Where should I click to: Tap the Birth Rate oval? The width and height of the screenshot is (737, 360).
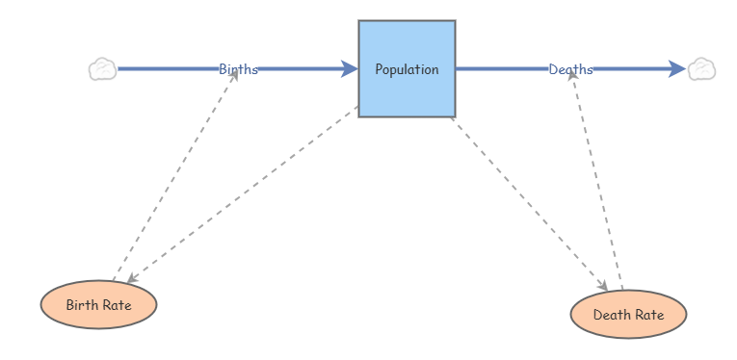98,305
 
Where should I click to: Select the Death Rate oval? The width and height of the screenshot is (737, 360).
628,315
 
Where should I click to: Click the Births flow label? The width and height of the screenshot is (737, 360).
238,69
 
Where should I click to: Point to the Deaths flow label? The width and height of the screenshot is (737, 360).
570,69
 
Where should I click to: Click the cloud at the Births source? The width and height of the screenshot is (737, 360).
102,69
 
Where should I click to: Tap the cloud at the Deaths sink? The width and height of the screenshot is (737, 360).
701,69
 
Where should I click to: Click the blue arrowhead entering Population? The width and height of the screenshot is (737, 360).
350,69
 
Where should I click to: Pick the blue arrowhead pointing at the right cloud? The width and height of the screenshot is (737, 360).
677,69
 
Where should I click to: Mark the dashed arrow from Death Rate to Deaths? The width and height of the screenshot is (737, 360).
597,183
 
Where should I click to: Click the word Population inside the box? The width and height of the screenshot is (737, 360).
407,69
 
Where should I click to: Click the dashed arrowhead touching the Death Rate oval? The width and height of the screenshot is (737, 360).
603,286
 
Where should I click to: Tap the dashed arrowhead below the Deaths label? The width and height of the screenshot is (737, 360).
572,77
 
